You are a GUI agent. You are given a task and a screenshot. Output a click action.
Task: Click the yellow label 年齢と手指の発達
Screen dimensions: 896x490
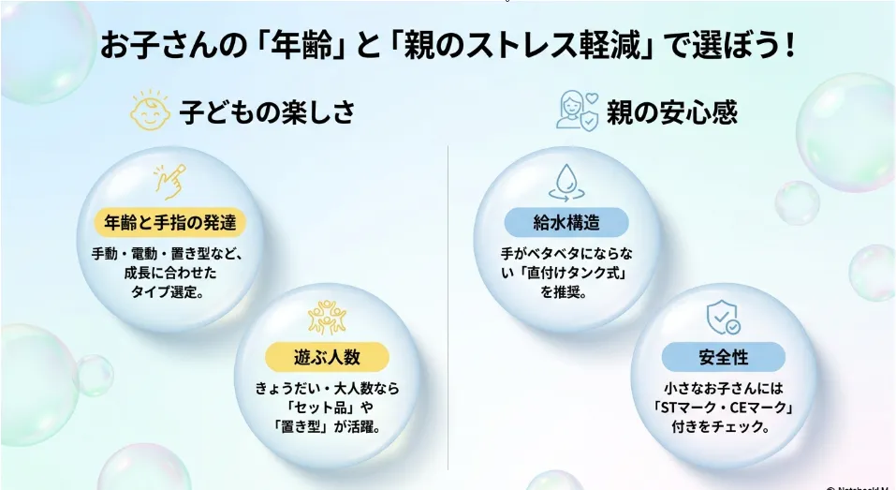[x=169, y=222]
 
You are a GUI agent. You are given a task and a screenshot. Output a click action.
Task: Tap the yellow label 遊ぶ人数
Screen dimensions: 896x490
[x=327, y=357]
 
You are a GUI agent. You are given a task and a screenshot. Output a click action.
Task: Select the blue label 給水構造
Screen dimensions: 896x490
[x=566, y=222]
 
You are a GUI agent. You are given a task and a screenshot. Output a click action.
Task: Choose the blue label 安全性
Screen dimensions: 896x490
[x=724, y=357]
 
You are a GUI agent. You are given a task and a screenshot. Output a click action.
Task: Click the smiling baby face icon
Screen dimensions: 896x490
[x=150, y=111]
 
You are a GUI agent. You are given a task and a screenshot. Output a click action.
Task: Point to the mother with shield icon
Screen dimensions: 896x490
[x=577, y=111]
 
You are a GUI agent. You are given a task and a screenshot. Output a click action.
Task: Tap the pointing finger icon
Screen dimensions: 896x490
[x=169, y=182]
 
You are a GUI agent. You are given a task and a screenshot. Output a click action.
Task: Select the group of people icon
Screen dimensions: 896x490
[x=327, y=318]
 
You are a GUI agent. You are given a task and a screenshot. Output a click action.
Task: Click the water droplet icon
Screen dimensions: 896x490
[x=566, y=183]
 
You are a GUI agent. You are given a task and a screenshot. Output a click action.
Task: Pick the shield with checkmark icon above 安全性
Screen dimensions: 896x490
[x=724, y=318]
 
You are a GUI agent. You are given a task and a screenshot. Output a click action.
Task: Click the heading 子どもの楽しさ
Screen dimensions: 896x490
[x=268, y=111]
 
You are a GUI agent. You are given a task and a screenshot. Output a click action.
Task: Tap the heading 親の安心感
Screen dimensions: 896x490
[x=672, y=111]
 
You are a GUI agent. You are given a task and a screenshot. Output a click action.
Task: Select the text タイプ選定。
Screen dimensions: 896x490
[x=168, y=291]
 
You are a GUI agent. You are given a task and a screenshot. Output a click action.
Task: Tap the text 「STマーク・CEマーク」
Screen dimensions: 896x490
[x=724, y=408]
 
